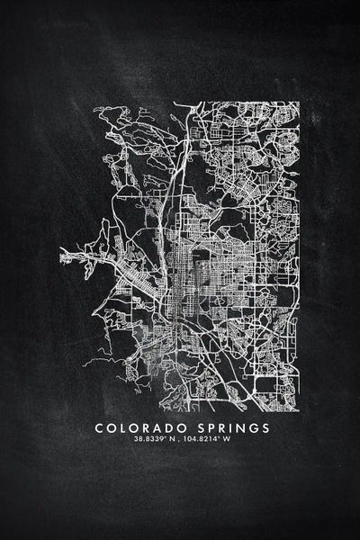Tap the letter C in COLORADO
(x=99, y=428)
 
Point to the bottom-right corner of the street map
(x=298, y=409)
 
